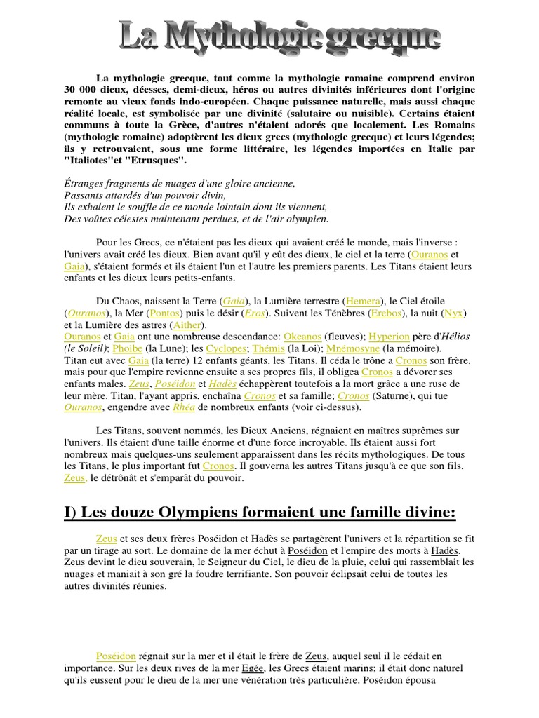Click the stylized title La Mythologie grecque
(x=279, y=37)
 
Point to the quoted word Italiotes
(x=90, y=161)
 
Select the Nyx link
(x=454, y=313)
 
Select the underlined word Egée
(x=253, y=668)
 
